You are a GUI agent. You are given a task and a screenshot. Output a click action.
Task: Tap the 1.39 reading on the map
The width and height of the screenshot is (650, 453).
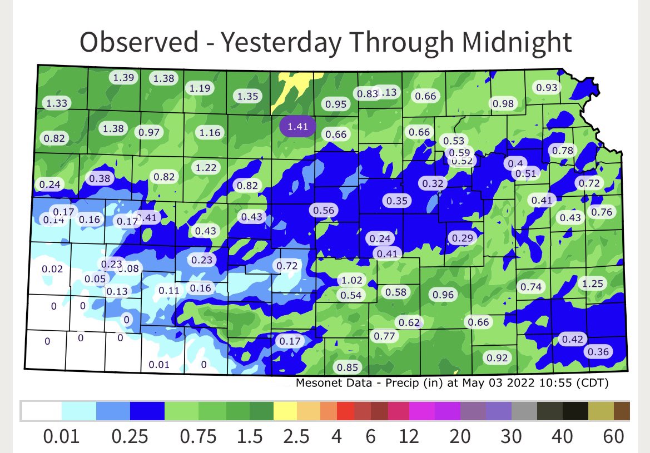[122, 78]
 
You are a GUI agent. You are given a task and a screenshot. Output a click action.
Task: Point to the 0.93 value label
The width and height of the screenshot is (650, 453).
[545, 87]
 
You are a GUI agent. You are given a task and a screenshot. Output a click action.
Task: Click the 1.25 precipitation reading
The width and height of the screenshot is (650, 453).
[593, 283]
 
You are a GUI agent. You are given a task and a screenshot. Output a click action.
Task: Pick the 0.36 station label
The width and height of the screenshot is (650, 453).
[598, 351]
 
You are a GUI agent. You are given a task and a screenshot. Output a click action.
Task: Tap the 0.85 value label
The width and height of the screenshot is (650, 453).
[348, 367]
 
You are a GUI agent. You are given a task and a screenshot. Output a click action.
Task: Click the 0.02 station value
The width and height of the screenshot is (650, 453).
[53, 269]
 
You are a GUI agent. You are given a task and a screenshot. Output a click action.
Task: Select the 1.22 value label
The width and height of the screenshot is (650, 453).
[206, 167]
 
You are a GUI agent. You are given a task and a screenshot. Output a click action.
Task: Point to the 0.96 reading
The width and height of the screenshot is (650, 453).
[443, 295]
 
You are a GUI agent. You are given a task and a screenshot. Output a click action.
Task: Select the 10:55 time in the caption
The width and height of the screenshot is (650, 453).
[558, 382]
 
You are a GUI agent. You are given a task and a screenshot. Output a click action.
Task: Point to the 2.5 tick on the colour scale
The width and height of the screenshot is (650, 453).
[296, 437]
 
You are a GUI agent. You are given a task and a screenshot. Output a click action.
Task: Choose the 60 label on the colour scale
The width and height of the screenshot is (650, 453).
[613, 437]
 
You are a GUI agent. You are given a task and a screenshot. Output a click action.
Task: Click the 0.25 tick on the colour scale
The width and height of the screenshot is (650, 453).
[131, 437]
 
